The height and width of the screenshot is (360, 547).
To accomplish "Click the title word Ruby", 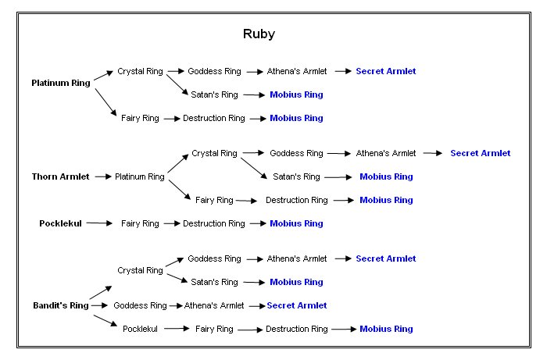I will pyautogui.click(x=259, y=34).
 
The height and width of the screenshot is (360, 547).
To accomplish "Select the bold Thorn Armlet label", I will pyautogui.click(x=60, y=177).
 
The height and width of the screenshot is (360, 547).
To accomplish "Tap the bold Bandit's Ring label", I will pyautogui.click(x=60, y=305).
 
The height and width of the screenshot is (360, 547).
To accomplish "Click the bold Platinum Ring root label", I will pyautogui.click(x=61, y=83).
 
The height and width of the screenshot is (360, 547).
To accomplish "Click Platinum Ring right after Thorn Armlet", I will pyautogui.click(x=139, y=177).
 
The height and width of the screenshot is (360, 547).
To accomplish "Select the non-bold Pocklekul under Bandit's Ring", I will pyautogui.click(x=140, y=329).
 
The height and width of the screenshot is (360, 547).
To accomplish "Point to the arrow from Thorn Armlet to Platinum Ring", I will pyautogui.click(x=102, y=177).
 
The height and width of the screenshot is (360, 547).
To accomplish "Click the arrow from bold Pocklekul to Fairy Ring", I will pyautogui.click(x=99, y=223).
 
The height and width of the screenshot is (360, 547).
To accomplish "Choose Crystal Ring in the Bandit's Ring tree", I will pyautogui.click(x=140, y=270).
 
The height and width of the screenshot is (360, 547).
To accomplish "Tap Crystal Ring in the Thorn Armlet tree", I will pyautogui.click(x=214, y=154).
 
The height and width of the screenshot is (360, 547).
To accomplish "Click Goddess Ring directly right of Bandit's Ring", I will pyautogui.click(x=140, y=305).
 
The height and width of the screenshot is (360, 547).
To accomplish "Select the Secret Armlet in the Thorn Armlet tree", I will pyautogui.click(x=480, y=154).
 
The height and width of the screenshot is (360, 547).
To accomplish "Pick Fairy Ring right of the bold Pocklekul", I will pyautogui.click(x=140, y=223).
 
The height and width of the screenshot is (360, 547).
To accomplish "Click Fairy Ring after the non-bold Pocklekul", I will pyautogui.click(x=214, y=329).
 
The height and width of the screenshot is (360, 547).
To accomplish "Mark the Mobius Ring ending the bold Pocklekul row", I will pyautogui.click(x=296, y=223).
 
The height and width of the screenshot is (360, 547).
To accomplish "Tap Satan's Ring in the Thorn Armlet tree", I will pyautogui.click(x=296, y=177).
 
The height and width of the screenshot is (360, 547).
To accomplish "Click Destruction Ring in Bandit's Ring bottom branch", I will pyautogui.click(x=296, y=329).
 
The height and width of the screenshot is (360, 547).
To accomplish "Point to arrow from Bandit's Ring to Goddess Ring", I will pyautogui.click(x=101, y=305).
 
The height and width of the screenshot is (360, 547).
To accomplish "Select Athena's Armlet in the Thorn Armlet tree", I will pyautogui.click(x=386, y=154).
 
